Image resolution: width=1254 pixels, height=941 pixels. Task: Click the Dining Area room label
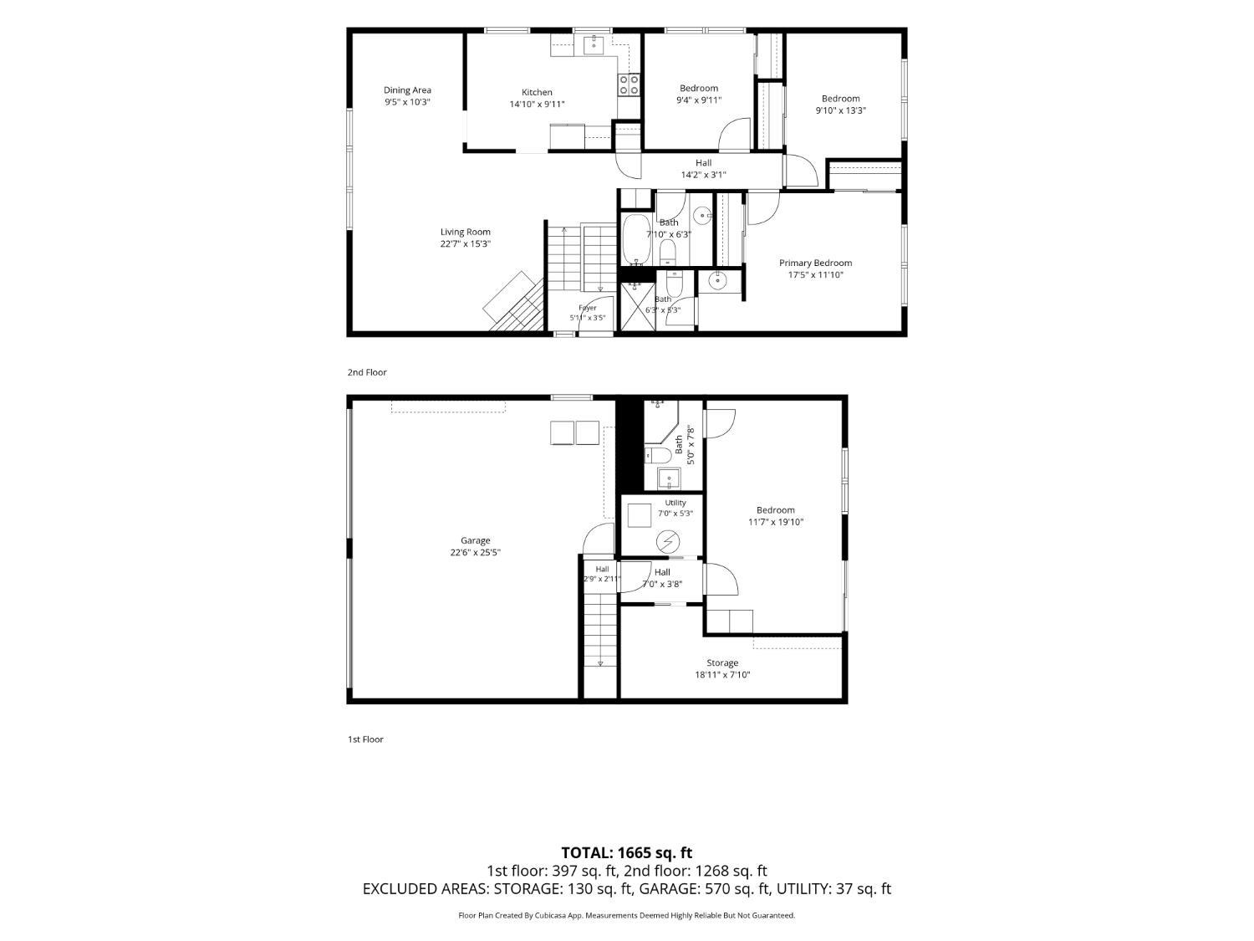pos(407,89)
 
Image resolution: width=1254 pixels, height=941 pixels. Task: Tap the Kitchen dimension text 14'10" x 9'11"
pos(537,104)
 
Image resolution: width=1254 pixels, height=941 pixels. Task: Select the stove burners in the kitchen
pos(629,85)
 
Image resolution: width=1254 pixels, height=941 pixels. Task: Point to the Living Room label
pos(465,232)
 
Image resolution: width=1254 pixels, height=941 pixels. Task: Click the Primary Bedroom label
pos(815,263)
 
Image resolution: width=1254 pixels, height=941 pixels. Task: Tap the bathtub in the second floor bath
pos(635,239)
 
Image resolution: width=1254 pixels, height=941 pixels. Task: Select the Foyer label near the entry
pos(588,307)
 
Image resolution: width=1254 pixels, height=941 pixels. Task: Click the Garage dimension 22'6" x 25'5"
pos(475,553)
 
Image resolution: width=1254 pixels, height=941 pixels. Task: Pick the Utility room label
pos(675,503)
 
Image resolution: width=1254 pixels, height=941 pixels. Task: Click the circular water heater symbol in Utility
pos(667,542)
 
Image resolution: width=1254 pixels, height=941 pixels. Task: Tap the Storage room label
pos(722,662)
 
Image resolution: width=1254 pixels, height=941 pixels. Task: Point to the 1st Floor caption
pos(365,739)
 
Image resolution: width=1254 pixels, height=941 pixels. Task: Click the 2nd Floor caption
pos(367,372)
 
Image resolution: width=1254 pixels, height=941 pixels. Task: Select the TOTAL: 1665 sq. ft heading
pos(627,852)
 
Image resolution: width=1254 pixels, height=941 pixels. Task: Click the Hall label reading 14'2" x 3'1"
pos(703,175)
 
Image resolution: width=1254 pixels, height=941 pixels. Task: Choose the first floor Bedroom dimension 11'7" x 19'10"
pos(775,522)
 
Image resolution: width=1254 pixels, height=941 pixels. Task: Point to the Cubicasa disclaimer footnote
pos(627,915)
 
